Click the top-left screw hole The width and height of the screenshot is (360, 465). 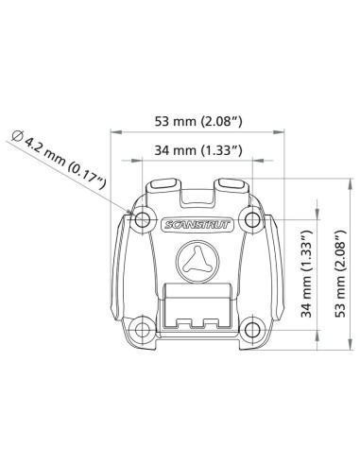click(x=142, y=222)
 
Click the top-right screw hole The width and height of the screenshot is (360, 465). click(x=251, y=221)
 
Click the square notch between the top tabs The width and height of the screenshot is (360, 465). click(x=197, y=198)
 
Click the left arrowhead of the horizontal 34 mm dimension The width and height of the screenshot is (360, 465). click(x=145, y=161)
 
